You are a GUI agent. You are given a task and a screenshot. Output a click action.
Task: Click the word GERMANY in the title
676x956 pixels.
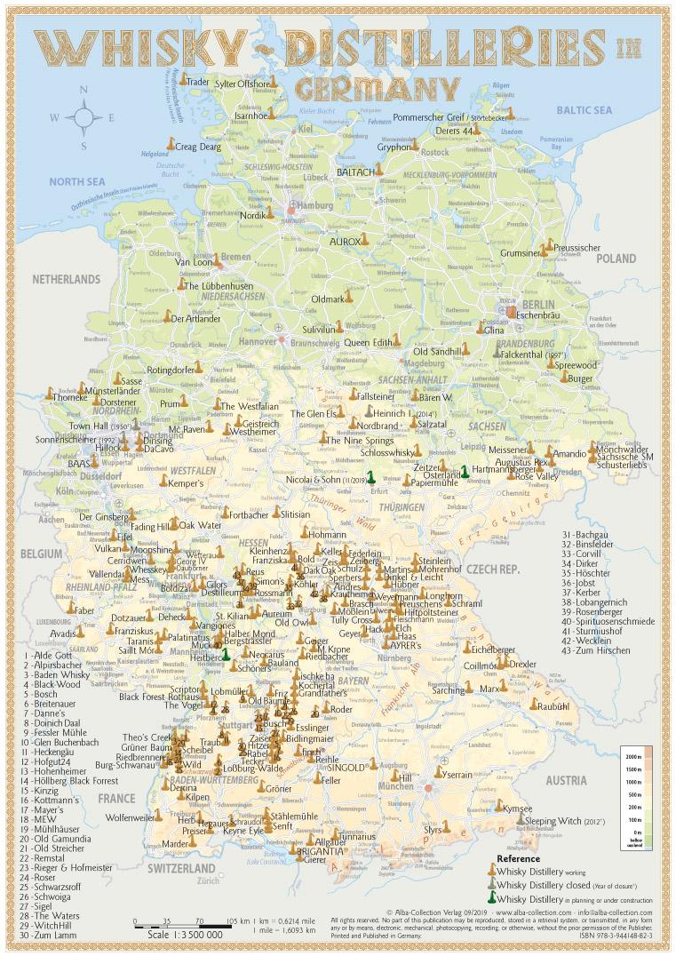tap(378, 87)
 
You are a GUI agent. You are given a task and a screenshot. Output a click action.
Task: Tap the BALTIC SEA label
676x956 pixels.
tap(585, 109)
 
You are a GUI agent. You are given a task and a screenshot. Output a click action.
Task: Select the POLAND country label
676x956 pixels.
tap(616, 259)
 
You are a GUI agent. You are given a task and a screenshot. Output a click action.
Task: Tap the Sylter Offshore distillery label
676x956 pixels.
tap(241, 84)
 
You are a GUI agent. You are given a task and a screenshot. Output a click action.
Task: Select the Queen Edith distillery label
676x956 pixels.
tap(368, 342)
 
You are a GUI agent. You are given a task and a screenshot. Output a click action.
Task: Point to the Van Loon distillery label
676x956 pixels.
tap(194, 262)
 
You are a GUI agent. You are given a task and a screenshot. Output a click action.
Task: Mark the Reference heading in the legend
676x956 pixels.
tap(518, 858)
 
